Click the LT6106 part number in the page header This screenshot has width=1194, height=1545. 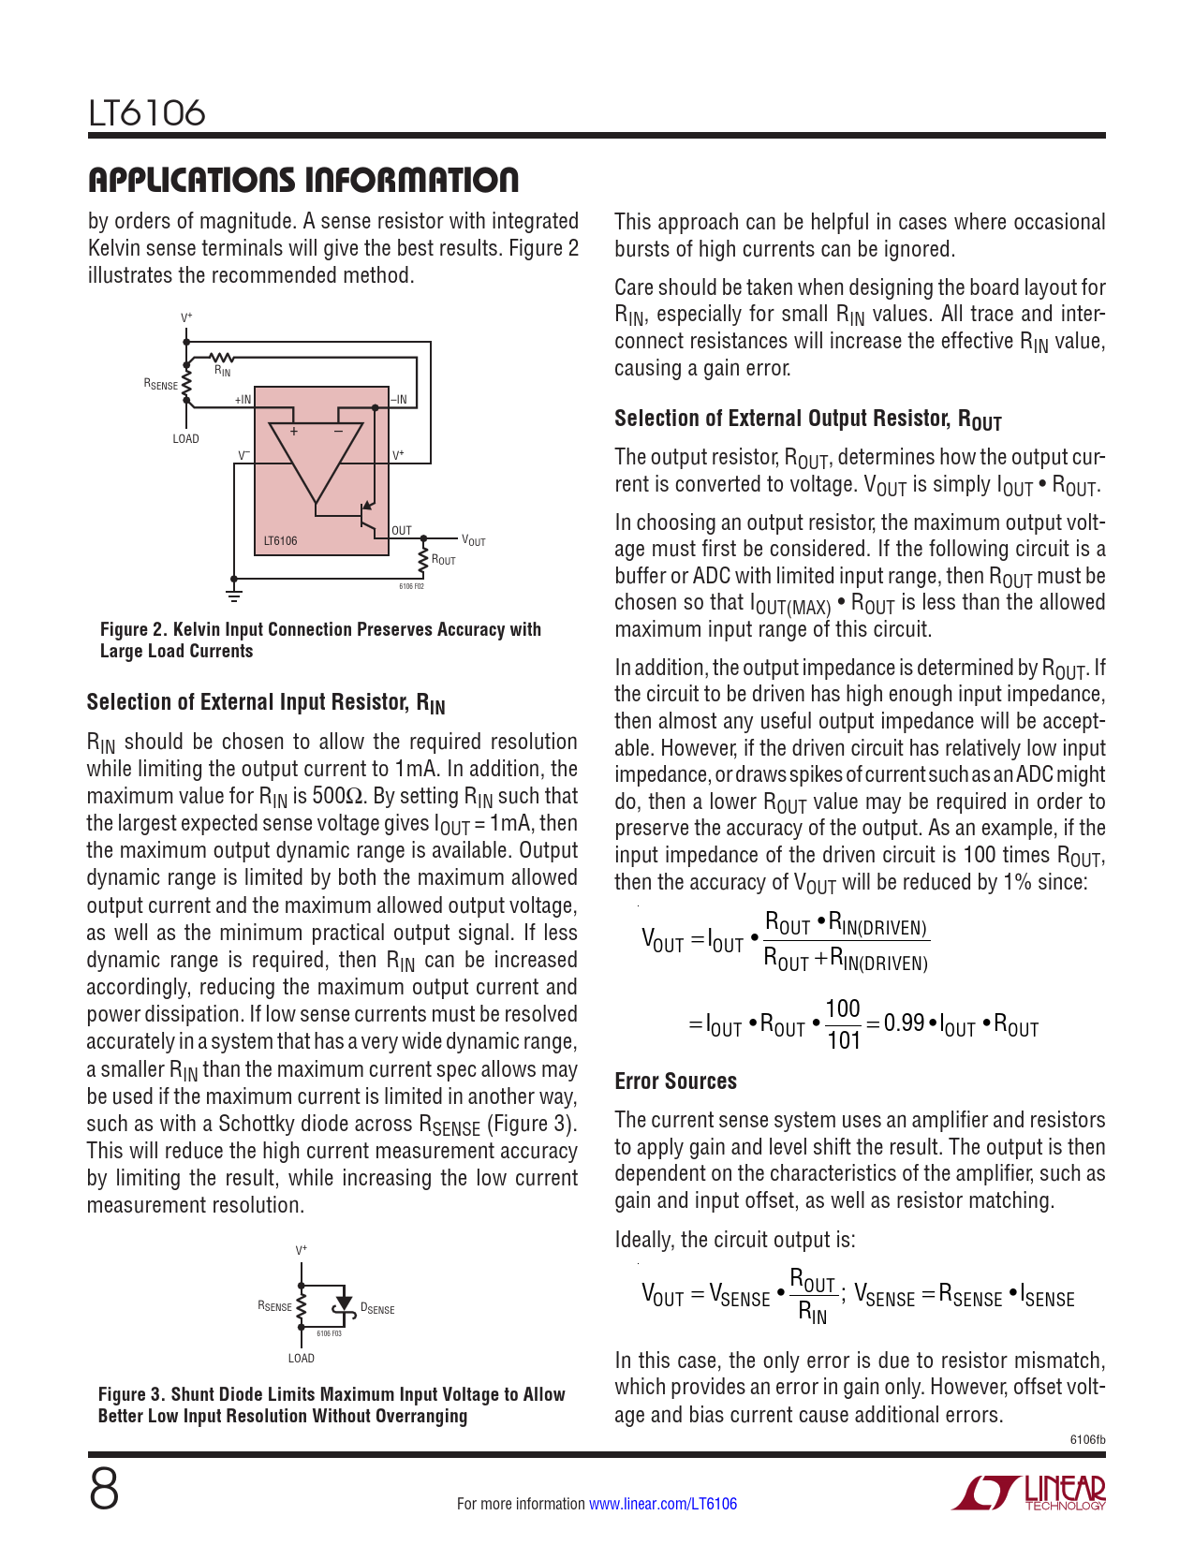click(x=147, y=113)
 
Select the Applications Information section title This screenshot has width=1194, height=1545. click(x=302, y=180)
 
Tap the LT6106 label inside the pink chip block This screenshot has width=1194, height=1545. click(x=280, y=541)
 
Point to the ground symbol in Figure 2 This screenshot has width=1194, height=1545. click(x=234, y=594)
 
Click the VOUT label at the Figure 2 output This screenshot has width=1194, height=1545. click(x=473, y=541)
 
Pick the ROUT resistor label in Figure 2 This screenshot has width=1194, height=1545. click(x=444, y=560)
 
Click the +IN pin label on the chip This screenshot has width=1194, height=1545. click(x=243, y=400)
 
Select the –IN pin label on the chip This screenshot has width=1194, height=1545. click(x=399, y=400)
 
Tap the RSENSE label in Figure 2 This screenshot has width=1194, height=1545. click(x=160, y=385)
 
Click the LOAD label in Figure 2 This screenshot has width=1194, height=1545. click(x=185, y=439)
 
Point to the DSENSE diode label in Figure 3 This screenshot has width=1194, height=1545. click(x=377, y=1309)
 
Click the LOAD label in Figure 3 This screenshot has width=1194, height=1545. click(x=301, y=1359)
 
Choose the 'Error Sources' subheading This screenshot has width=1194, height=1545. click(x=675, y=1081)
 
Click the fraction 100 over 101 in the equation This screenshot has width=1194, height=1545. click(x=843, y=1024)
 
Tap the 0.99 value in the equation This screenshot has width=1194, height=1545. click(x=904, y=1023)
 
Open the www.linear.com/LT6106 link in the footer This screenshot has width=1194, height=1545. click(x=662, y=1504)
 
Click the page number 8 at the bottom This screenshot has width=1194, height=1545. click(x=104, y=1491)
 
